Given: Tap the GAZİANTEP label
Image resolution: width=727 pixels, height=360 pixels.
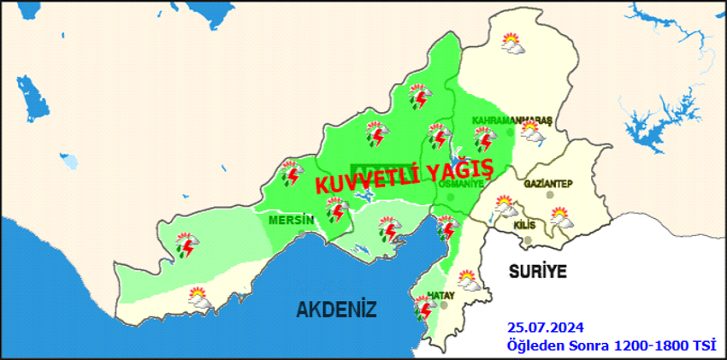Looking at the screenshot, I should [547, 185].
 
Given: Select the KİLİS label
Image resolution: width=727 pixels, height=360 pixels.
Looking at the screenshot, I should [525, 224].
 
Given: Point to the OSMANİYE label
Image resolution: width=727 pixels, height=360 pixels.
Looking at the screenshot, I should [460, 183].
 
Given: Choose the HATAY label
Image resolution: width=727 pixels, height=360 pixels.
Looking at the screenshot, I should [440, 295].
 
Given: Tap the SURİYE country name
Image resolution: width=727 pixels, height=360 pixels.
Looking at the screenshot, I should [538, 272].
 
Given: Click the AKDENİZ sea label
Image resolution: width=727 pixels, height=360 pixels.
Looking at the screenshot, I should [336, 310].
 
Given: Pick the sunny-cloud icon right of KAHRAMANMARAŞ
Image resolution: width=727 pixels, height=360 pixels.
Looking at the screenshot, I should [533, 132].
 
